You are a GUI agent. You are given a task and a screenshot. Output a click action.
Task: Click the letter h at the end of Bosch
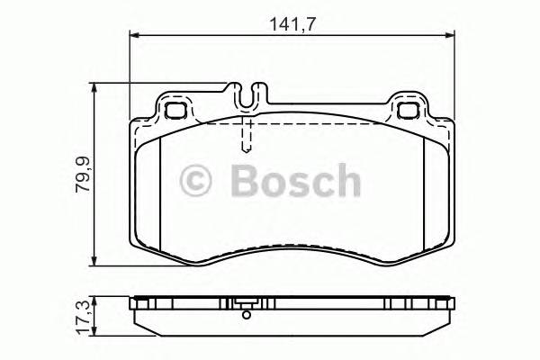coord(345,180)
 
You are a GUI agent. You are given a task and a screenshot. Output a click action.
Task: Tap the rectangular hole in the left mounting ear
coord(175,112)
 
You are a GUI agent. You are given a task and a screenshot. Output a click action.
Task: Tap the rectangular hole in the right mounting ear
coord(408,112)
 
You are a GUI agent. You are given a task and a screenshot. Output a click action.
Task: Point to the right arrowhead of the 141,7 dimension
coord(450,36)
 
